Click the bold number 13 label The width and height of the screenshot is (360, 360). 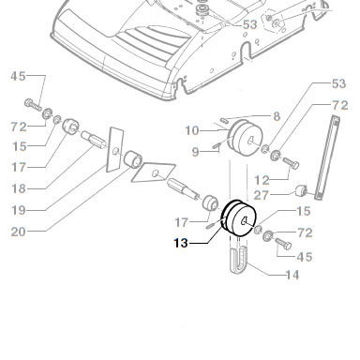(181, 243)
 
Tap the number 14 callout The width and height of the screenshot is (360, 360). (292, 275)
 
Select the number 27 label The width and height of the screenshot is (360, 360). (262, 195)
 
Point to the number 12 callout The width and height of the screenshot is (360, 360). (262, 180)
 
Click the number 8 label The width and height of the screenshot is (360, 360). (277, 116)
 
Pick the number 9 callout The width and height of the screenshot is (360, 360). (195, 152)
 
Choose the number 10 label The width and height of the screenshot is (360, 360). (192, 130)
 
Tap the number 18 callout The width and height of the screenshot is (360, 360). (19, 188)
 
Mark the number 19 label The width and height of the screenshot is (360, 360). (19, 210)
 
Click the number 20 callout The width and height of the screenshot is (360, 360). (19, 232)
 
